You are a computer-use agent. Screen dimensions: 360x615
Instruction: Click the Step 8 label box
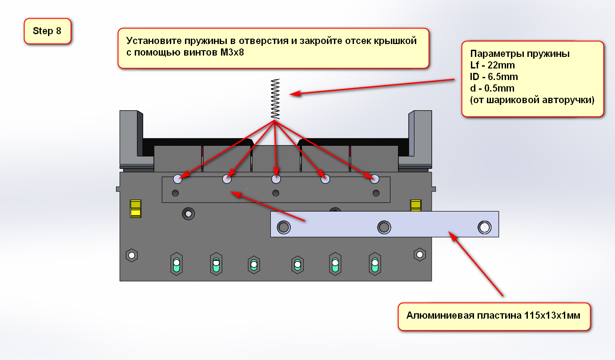click(x=47, y=31)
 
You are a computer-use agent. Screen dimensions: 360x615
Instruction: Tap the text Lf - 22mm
click(x=492, y=65)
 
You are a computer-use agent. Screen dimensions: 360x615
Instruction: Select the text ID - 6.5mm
click(x=494, y=77)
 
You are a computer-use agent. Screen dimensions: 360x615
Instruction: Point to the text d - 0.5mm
click(x=492, y=88)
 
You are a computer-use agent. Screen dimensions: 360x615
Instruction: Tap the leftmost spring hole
click(x=178, y=179)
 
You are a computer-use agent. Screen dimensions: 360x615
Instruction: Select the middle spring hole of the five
click(x=276, y=179)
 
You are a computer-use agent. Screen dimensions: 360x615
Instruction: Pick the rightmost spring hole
click(x=374, y=179)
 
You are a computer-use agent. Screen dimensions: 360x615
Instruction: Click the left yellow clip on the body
click(x=135, y=208)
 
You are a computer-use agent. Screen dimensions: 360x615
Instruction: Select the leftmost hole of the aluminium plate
click(x=283, y=228)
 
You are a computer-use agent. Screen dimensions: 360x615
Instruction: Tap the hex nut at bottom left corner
click(x=132, y=255)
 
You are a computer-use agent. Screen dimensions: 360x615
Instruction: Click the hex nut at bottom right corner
click(x=419, y=255)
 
